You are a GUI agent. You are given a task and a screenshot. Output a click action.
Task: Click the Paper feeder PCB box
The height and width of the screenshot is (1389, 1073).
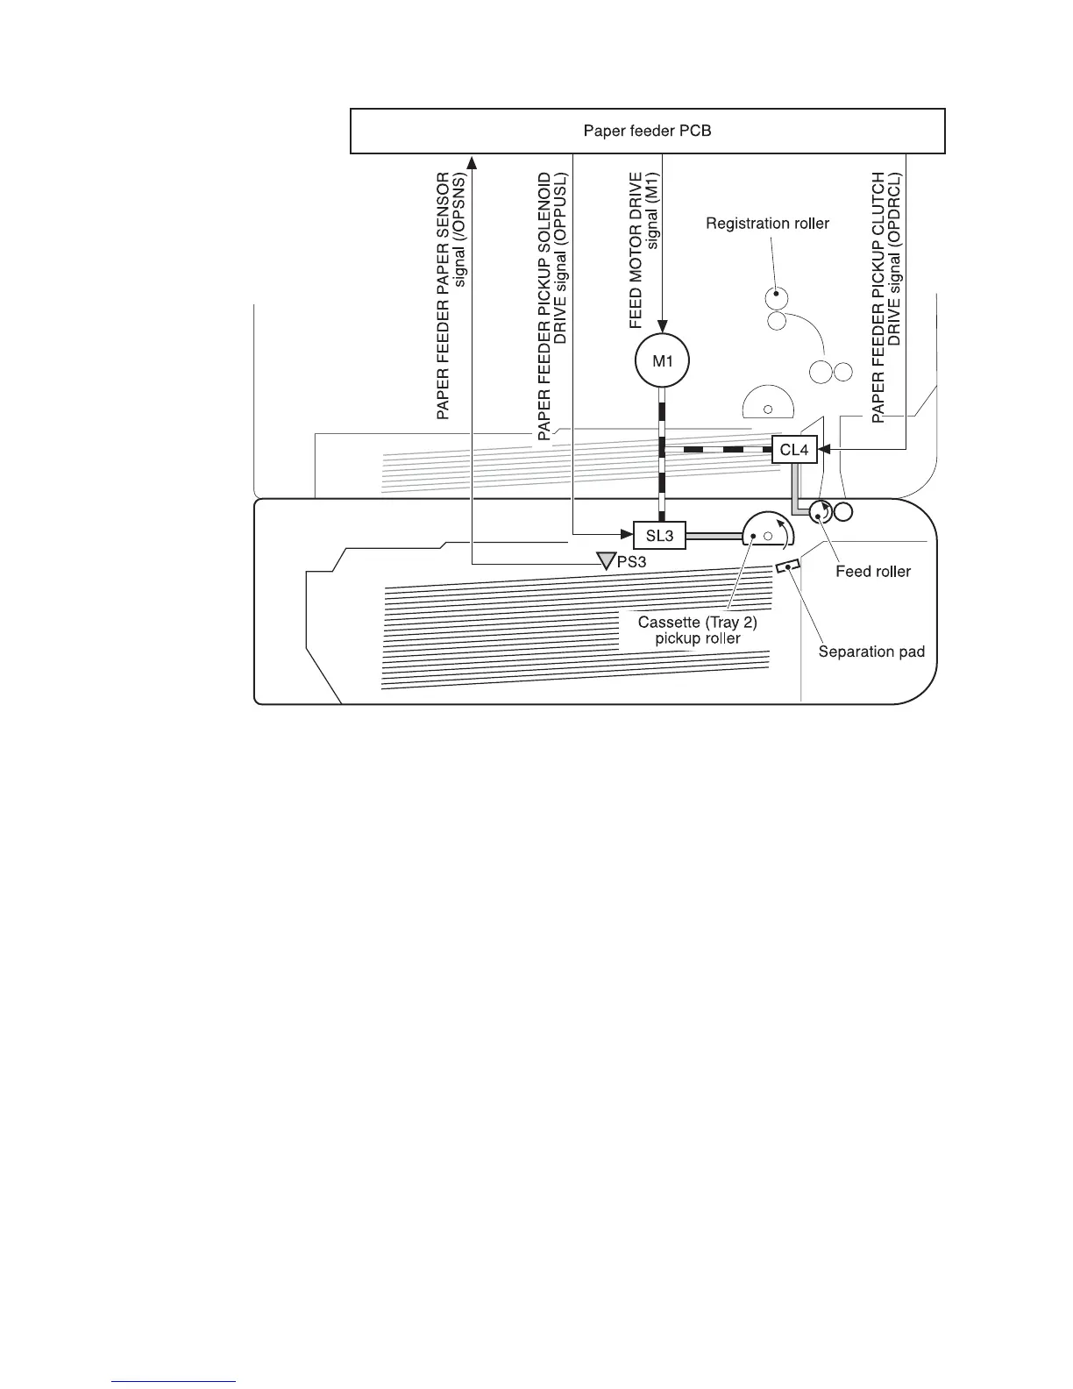click(x=647, y=132)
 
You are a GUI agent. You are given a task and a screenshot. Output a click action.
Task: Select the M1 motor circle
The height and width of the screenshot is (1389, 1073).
click(x=662, y=360)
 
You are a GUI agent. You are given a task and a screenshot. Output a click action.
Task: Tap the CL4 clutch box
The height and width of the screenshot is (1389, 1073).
click(x=793, y=451)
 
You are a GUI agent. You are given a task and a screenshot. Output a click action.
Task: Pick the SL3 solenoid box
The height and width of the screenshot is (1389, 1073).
click(x=658, y=535)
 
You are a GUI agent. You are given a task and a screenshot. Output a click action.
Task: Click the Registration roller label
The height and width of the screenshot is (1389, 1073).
click(x=767, y=224)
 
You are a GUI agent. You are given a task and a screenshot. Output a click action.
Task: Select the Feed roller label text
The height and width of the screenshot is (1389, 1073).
click(x=873, y=572)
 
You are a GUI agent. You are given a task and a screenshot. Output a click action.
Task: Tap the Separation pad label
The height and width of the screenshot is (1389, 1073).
click(x=871, y=652)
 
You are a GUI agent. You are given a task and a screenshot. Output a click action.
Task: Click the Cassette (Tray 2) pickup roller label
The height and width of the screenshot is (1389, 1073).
click(x=697, y=630)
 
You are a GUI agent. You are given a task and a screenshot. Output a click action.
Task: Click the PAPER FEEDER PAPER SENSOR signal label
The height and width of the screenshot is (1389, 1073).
click(x=451, y=295)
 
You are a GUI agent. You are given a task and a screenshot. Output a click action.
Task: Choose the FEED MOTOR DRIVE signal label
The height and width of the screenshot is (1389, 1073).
click(x=643, y=251)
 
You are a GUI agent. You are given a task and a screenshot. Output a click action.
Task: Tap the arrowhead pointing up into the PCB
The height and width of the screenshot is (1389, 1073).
click(x=472, y=161)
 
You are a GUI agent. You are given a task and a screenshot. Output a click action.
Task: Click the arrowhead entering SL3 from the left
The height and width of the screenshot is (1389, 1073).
click(x=626, y=534)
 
